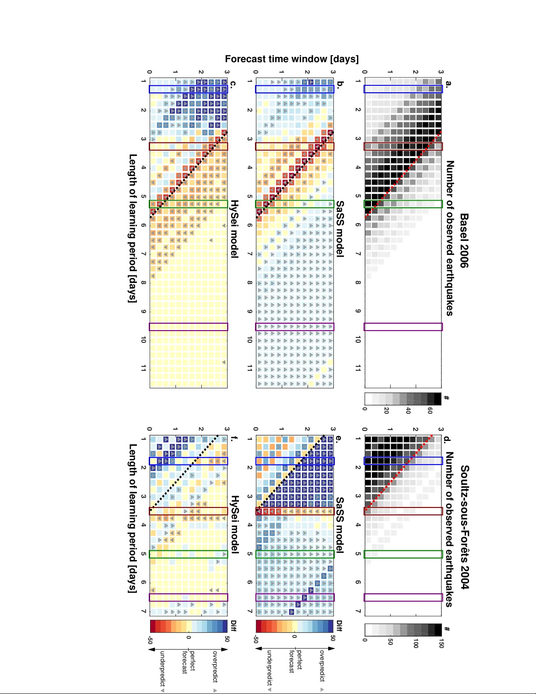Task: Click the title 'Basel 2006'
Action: click(x=464, y=240)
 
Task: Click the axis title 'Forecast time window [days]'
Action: click(x=292, y=59)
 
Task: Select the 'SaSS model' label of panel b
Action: click(x=340, y=229)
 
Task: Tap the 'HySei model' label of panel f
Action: click(x=235, y=524)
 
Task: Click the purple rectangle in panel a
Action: click(x=403, y=327)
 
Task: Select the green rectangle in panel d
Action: click(x=403, y=554)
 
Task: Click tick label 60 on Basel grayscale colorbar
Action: click(x=430, y=410)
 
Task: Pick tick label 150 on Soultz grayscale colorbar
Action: click(x=441, y=643)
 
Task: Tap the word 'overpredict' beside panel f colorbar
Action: click(x=215, y=666)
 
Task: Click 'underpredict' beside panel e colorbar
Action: click(x=269, y=668)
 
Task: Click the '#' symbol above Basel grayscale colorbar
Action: click(x=446, y=398)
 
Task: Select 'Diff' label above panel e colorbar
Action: click(x=339, y=626)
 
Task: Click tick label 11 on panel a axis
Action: click(x=358, y=368)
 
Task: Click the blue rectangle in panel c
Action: click(x=189, y=89)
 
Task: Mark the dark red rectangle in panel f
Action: click(x=189, y=511)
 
